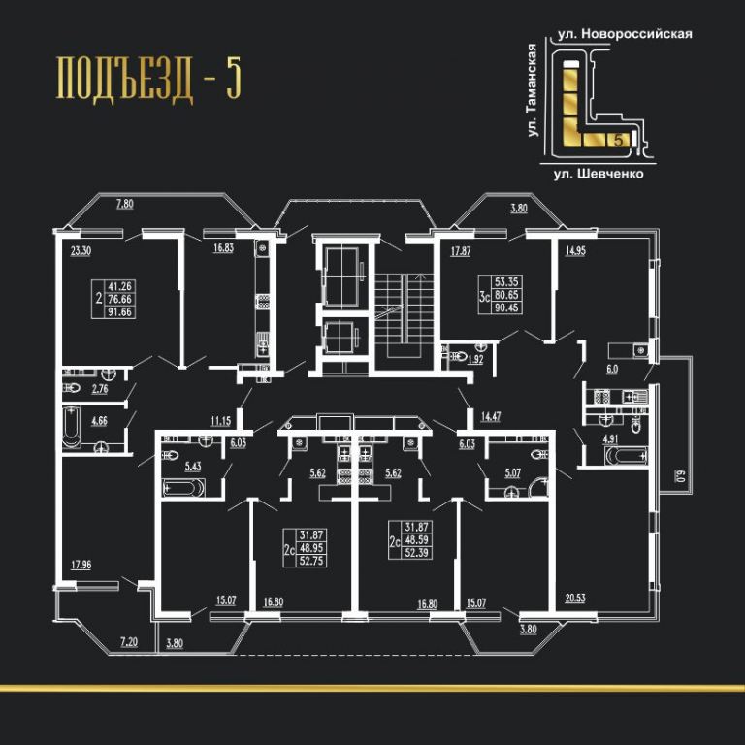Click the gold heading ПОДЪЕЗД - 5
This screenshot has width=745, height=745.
click(148, 79)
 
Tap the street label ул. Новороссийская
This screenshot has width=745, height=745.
click(625, 34)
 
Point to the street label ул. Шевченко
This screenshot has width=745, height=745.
click(599, 174)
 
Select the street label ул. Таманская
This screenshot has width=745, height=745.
click(533, 90)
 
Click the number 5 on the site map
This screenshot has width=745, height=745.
click(618, 140)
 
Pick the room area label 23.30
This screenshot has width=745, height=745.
click(81, 251)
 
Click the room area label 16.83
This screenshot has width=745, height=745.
click(223, 248)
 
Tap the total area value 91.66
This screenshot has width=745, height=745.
click(119, 312)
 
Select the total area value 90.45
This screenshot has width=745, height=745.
click(506, 308)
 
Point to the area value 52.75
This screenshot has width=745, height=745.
click(311, 561)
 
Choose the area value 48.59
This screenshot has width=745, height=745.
click(417, 539)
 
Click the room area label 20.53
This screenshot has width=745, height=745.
click(575, 599)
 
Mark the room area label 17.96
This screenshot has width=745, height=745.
click(81, 565)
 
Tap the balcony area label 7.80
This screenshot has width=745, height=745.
click(125, 204)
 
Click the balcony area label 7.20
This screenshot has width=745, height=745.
click(129, 642)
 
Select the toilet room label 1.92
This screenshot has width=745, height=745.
click(475, 360)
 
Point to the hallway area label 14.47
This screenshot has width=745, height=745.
click(490, 417)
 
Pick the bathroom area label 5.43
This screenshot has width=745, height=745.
click(192, 466)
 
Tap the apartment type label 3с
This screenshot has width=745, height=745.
click(484, 298)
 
